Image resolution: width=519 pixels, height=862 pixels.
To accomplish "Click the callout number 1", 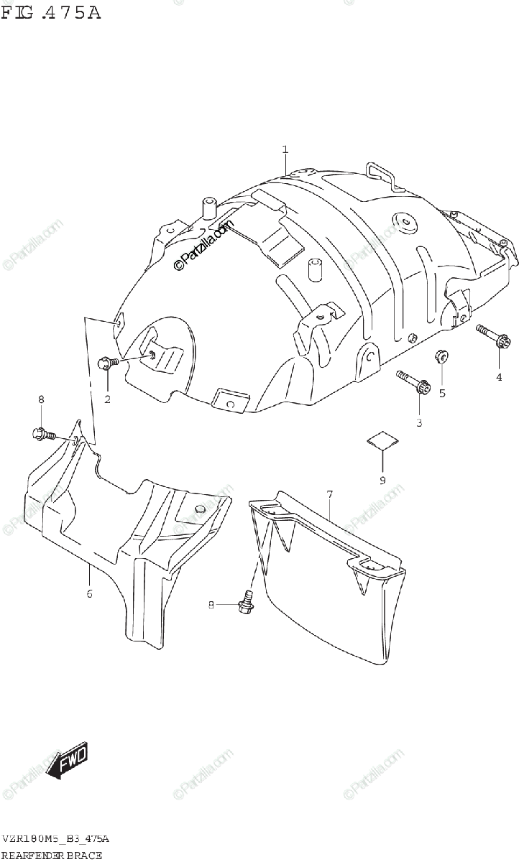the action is coord(285,149).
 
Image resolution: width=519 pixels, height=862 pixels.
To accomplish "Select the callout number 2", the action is coord(107,399).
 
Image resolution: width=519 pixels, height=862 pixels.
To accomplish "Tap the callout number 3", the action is coord(419,422).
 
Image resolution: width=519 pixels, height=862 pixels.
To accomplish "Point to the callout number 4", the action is coord(498,378).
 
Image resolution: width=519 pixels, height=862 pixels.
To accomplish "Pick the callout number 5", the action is coord(442,392).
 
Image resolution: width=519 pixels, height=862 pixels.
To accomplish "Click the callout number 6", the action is coord(89,593).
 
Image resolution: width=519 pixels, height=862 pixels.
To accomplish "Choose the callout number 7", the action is coord(329,494).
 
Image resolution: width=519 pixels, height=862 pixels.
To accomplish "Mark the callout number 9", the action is coord(382,480).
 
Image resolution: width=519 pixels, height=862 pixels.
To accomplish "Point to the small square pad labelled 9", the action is coord(382,440).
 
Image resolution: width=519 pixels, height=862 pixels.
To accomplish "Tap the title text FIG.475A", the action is coord(50,12).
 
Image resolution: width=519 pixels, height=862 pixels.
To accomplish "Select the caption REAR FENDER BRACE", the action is coord(52,855).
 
